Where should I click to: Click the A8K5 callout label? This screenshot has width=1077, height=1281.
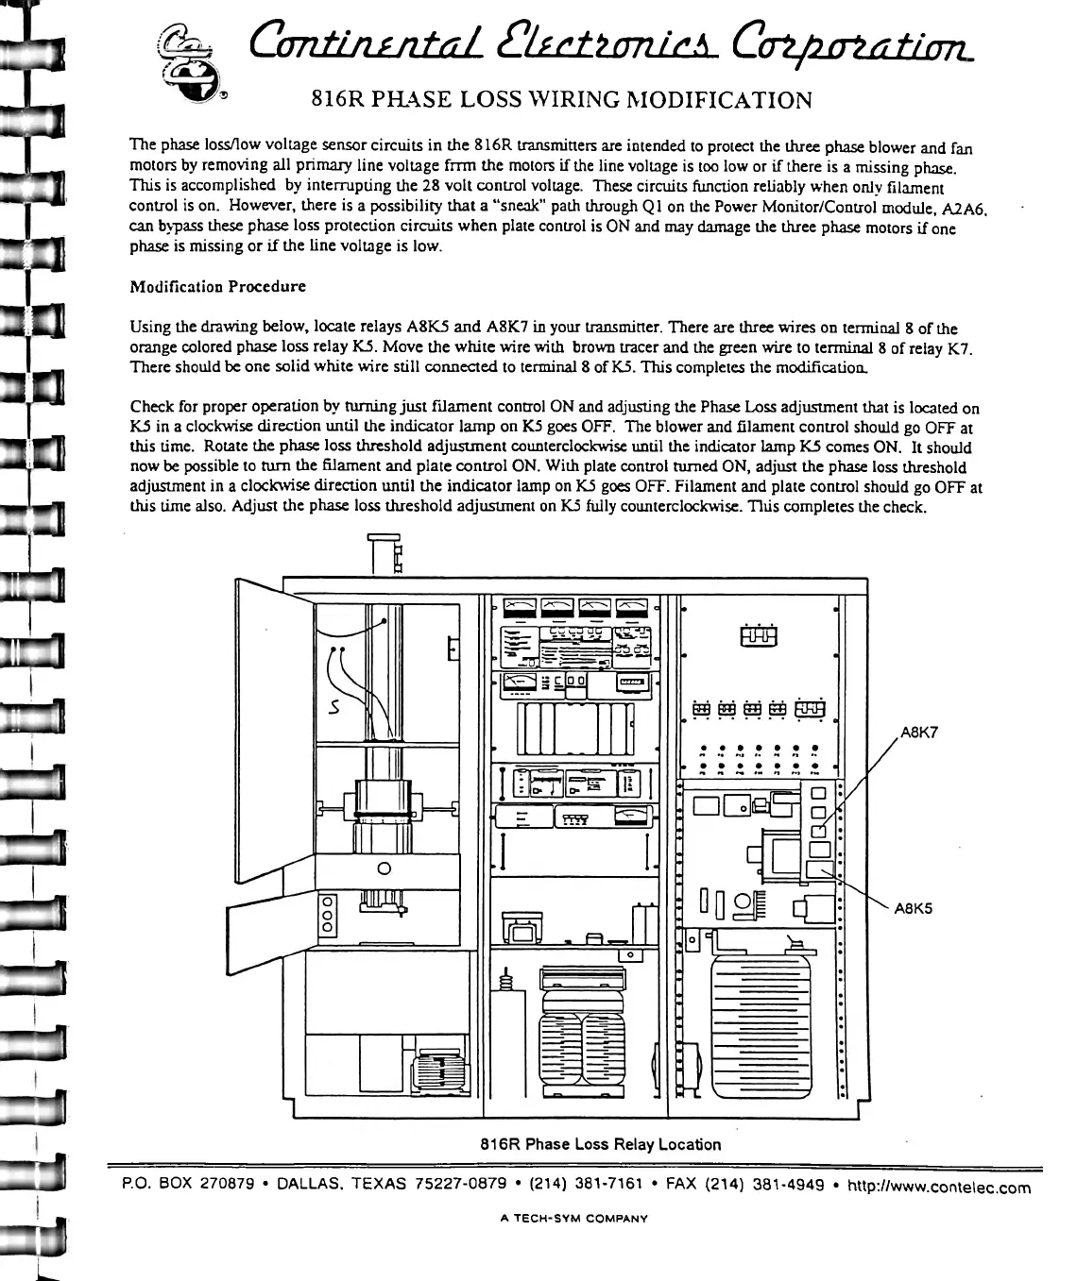click(913, 909)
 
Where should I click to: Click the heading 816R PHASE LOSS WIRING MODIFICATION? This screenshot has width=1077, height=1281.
click(561, 100)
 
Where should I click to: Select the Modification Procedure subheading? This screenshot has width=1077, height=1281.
click(217, 286)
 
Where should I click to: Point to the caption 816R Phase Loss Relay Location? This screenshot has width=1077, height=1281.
click(601, 1144)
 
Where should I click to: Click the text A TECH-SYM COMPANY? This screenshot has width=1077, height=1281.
click(574, 1218)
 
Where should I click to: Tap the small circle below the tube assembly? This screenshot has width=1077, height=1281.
click(384, 868)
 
